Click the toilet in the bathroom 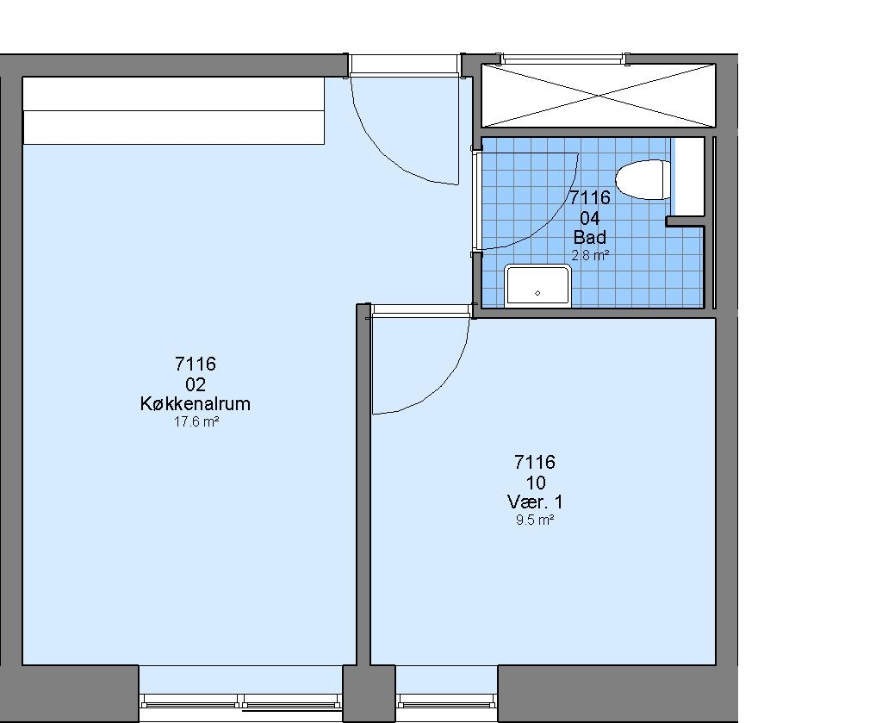[643, 179]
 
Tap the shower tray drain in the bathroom [537, 293]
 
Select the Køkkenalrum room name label [196, 404]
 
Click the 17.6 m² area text [196, 422]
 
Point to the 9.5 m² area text [535, 520]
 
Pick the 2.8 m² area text [590, 255]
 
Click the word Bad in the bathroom [589, 237]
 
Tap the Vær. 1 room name [535, 502]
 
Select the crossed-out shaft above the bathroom [599, 96]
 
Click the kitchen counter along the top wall [174, 111]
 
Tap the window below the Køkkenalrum [241, 701]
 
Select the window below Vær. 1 [447, 701]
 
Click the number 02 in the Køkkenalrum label [196, 385]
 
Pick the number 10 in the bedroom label [536, 483]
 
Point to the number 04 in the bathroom [589, 218]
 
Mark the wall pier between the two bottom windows [369, 693]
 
